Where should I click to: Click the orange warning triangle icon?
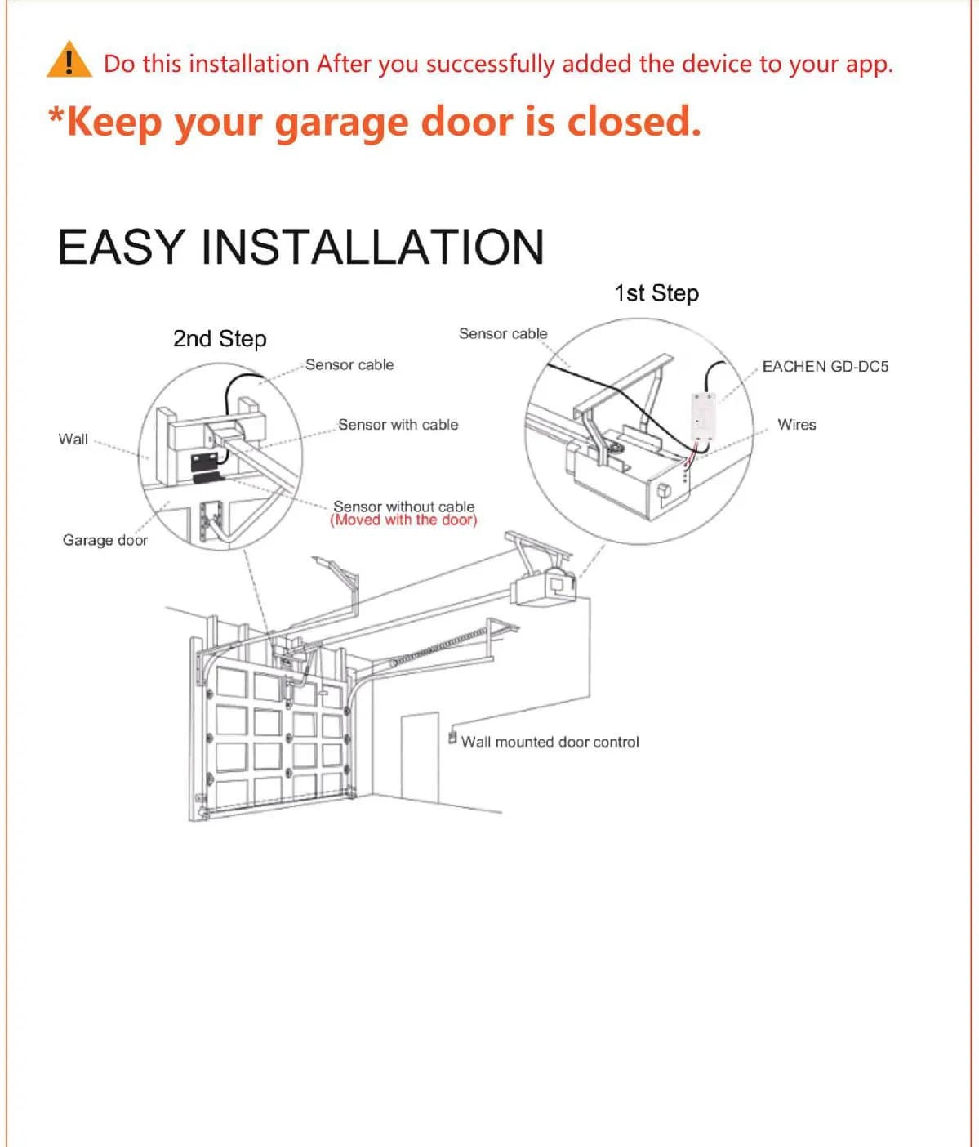pos(69,60)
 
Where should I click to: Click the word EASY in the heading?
pos(122,247)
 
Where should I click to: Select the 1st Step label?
pos(656,293)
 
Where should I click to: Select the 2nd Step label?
pos(220,339)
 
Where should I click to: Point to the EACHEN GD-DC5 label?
pos(825,366)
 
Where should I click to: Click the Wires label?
pos(797,425)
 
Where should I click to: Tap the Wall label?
pos(73,439)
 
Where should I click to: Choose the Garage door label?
pos(105,540)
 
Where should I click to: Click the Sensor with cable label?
pos(398,425)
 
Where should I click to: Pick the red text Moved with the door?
pos(403,520)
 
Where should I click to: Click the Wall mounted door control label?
pos(550,742)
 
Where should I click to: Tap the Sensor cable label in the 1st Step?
pos(503,333)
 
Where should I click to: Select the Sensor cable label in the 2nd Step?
pos(349,364)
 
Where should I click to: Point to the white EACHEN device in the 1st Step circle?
pos(701,416)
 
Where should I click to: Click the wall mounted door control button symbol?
pos(452,738)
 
